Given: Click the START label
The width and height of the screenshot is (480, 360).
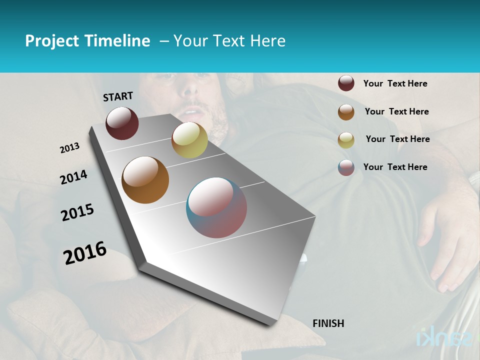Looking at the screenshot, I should tap(118, 96).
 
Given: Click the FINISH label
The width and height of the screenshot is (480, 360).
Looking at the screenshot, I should tap(328, 323).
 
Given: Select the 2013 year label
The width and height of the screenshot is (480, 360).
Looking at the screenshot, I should tap(70, 148).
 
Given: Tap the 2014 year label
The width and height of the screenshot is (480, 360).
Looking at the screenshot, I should tap(74, 177).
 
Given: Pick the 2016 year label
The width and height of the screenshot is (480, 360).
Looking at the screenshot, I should tap(85, 252).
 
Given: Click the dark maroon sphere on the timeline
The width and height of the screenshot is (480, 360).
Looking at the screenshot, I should tap(122, 123).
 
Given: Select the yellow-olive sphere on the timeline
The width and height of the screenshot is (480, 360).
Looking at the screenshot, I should tap(189, 140).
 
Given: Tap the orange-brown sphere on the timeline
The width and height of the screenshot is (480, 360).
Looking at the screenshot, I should tap(145, 180).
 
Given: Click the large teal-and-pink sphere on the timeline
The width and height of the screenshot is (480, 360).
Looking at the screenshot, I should tap(216, 207).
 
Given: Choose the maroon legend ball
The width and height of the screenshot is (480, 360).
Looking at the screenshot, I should tap(346, 83).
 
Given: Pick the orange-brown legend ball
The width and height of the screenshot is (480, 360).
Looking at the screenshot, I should tap(346, 112).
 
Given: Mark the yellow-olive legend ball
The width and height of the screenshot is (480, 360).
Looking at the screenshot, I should tap(346, 140).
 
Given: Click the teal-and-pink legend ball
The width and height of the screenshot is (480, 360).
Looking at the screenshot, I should tap(346, 167).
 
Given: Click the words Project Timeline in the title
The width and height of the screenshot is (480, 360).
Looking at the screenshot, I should tap(87, 41).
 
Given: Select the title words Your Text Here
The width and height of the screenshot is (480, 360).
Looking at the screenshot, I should tap(229, 41).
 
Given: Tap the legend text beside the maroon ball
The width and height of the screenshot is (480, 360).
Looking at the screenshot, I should tap(395, 84).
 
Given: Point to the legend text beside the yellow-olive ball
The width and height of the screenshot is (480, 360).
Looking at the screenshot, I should tap(397, 139).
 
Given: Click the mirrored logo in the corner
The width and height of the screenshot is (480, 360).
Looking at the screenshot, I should tap(444, 337).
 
